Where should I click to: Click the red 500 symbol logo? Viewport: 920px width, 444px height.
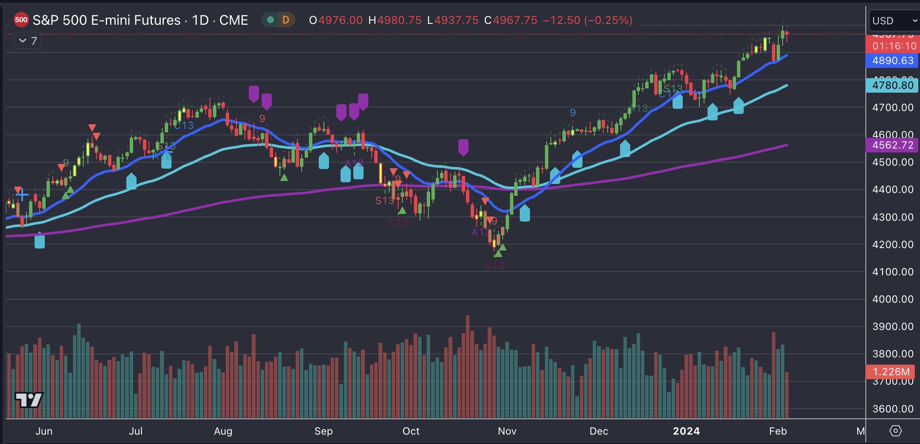click(21, 20)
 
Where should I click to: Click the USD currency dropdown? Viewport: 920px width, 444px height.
click(894, 21)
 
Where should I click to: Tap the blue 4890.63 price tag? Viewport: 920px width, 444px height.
click(893, 61)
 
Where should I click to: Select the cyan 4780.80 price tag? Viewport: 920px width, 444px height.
click(893, 85)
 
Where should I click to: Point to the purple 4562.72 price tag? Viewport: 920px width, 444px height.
click(893, 145)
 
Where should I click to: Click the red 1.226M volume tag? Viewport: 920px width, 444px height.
click(891, 372)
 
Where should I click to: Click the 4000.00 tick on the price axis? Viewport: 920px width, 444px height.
click(893, 299)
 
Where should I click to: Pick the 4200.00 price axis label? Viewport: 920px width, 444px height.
click(893, 245)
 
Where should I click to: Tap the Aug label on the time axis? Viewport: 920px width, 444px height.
click(223, 431)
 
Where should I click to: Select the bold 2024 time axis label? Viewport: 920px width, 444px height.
click(686, 431)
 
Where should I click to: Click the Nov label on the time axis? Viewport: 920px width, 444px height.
click(507, 431)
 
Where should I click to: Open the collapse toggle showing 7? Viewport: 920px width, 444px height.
click(28, 41)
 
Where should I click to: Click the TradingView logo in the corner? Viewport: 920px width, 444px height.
click(29, 400)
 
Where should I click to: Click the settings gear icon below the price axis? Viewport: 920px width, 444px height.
click(895, 431)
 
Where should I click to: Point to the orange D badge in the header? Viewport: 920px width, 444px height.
click(286, 20)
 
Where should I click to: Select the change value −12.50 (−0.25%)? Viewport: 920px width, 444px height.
click(588, 20)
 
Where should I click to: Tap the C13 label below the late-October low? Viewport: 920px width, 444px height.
click(494, 266)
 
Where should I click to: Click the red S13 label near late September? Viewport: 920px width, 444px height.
click(384, 201)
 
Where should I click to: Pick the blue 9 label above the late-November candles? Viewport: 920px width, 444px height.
click(573, 113)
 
